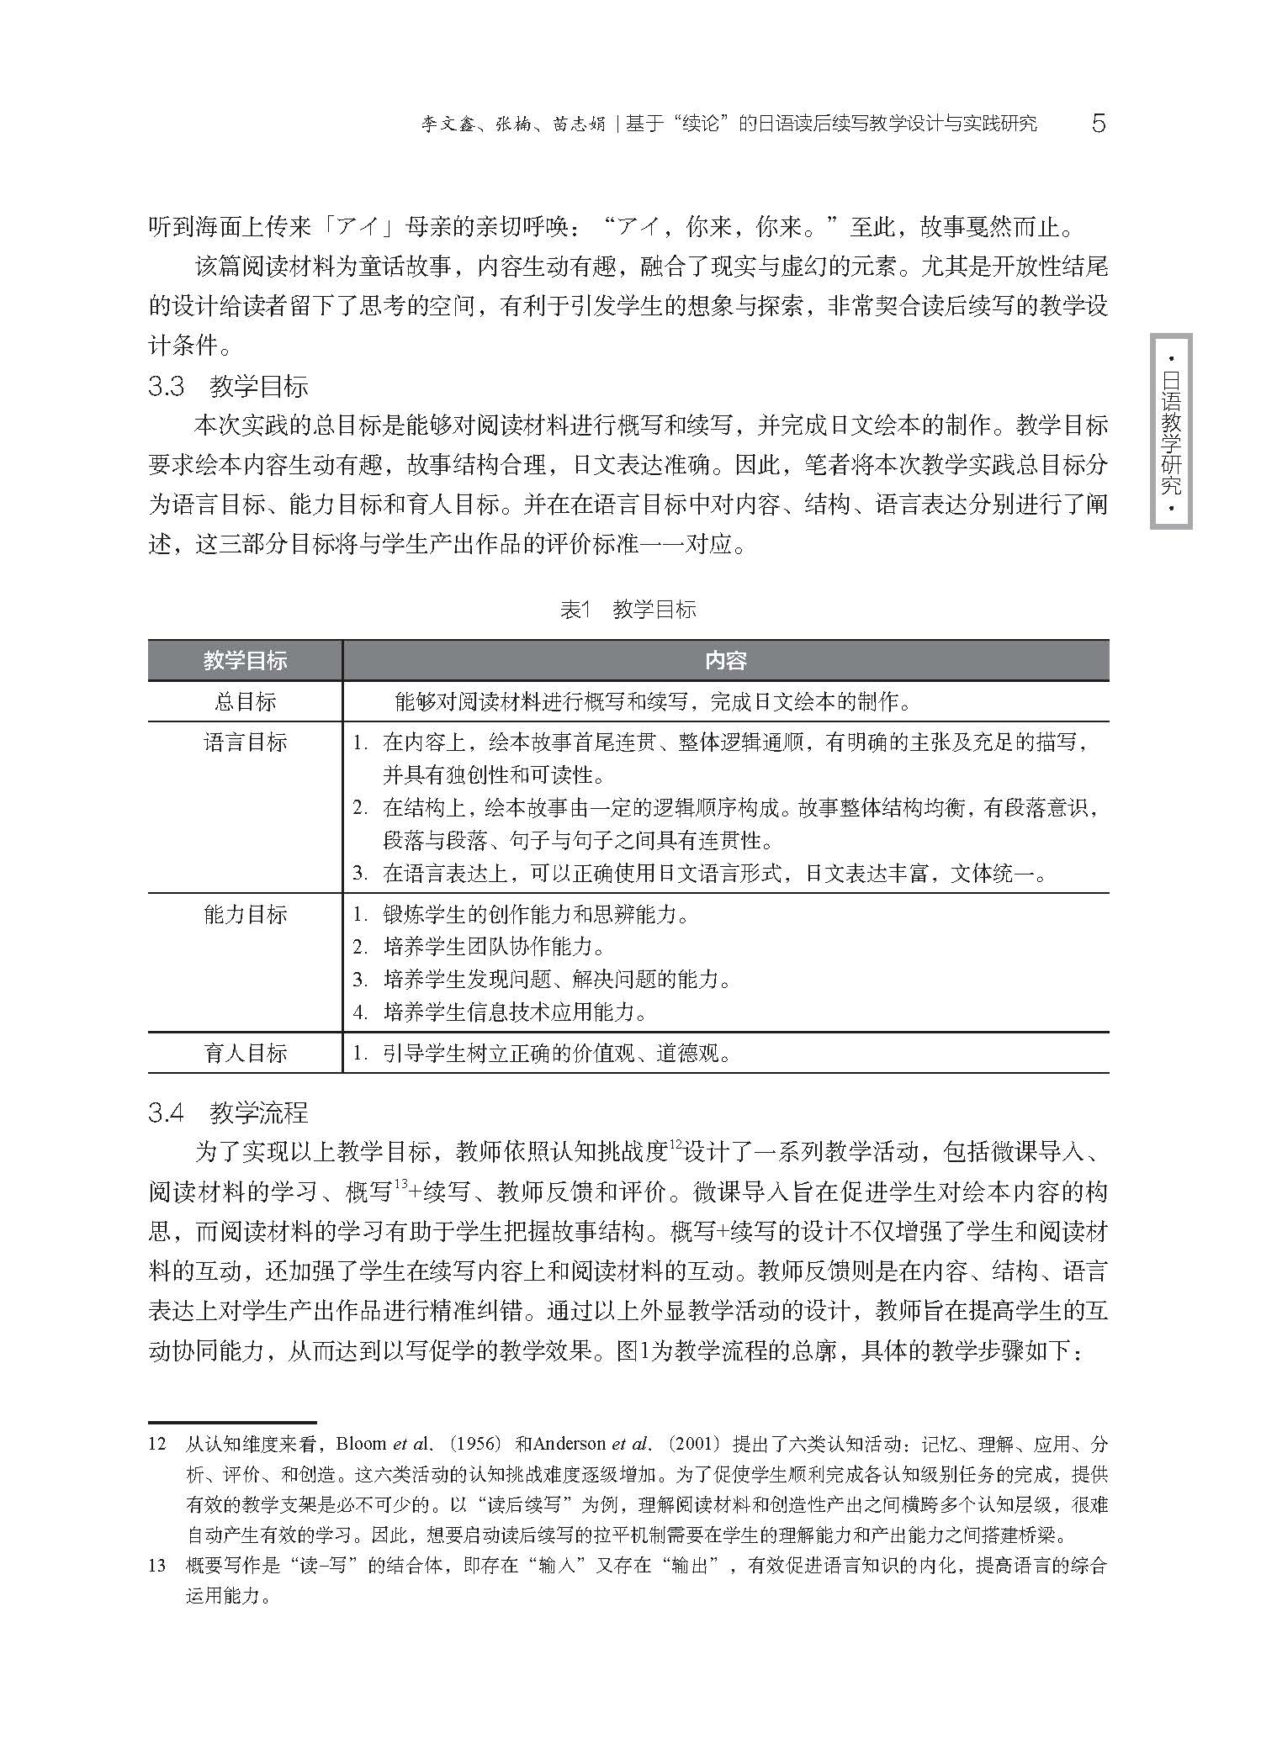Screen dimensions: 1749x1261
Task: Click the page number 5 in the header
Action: pos(1098,124)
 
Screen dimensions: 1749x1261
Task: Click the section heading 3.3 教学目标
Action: pos(228,387)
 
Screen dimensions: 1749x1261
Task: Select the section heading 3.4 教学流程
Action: pos(228,1113)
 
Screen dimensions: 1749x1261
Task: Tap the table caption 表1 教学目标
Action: pos(628,610)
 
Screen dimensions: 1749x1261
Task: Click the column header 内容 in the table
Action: pos(725,661)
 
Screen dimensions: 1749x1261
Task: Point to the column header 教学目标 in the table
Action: pos(245,661)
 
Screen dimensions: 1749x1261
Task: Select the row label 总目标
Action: pos(245,701)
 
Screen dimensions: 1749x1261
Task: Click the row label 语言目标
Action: pos(245,742)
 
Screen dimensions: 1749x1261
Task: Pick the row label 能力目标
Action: pos(245,915)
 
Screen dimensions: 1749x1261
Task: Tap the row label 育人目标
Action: pos(245,1053)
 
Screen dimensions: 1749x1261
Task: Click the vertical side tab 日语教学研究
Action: pos(1171,431)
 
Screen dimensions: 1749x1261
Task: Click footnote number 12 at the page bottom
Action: pos(157,1445)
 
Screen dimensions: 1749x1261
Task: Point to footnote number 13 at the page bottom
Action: pos(157,1566)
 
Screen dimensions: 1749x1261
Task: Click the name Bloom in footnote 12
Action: pos(360,1445)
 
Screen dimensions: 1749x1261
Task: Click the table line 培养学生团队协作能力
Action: pos(494,947)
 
